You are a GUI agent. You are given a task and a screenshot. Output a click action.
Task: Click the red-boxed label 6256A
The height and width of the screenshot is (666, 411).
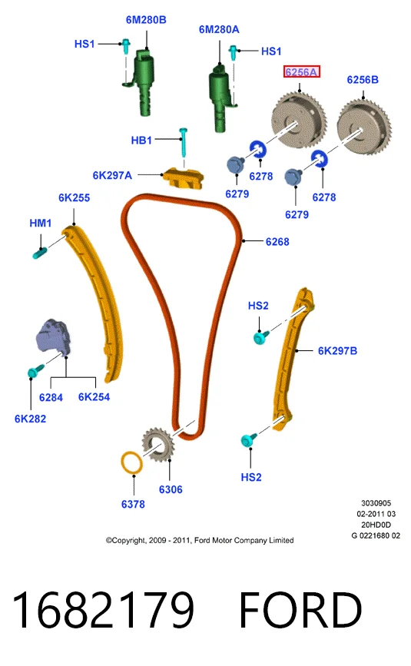pos(301,72)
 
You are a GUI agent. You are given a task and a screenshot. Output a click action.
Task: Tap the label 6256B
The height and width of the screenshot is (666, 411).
pos(362,80)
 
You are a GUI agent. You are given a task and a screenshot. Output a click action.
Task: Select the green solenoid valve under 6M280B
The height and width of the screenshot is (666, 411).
pos(144,83)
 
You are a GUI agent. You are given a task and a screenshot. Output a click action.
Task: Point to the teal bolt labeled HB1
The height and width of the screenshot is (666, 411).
pos(184,143)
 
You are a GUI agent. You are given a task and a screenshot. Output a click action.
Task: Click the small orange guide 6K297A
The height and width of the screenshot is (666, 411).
pos(183,178)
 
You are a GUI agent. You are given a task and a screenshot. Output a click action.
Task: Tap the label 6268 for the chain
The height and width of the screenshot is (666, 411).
pos(277,242)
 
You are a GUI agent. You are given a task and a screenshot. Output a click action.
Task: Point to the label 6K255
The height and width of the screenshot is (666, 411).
pos(74,197)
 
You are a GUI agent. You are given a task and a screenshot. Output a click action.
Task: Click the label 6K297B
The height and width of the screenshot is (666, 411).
pos(337,351)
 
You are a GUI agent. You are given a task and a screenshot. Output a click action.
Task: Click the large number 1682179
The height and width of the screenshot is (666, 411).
pos(103,609)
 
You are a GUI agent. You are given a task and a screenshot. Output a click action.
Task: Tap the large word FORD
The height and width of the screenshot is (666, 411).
pos(300,609)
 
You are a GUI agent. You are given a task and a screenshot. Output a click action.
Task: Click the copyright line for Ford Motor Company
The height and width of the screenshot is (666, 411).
pos(200,540)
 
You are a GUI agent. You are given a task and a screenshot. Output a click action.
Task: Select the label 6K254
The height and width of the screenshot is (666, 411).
pos(94,397)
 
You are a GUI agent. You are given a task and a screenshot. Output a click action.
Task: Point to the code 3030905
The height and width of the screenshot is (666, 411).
pos(376,503)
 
